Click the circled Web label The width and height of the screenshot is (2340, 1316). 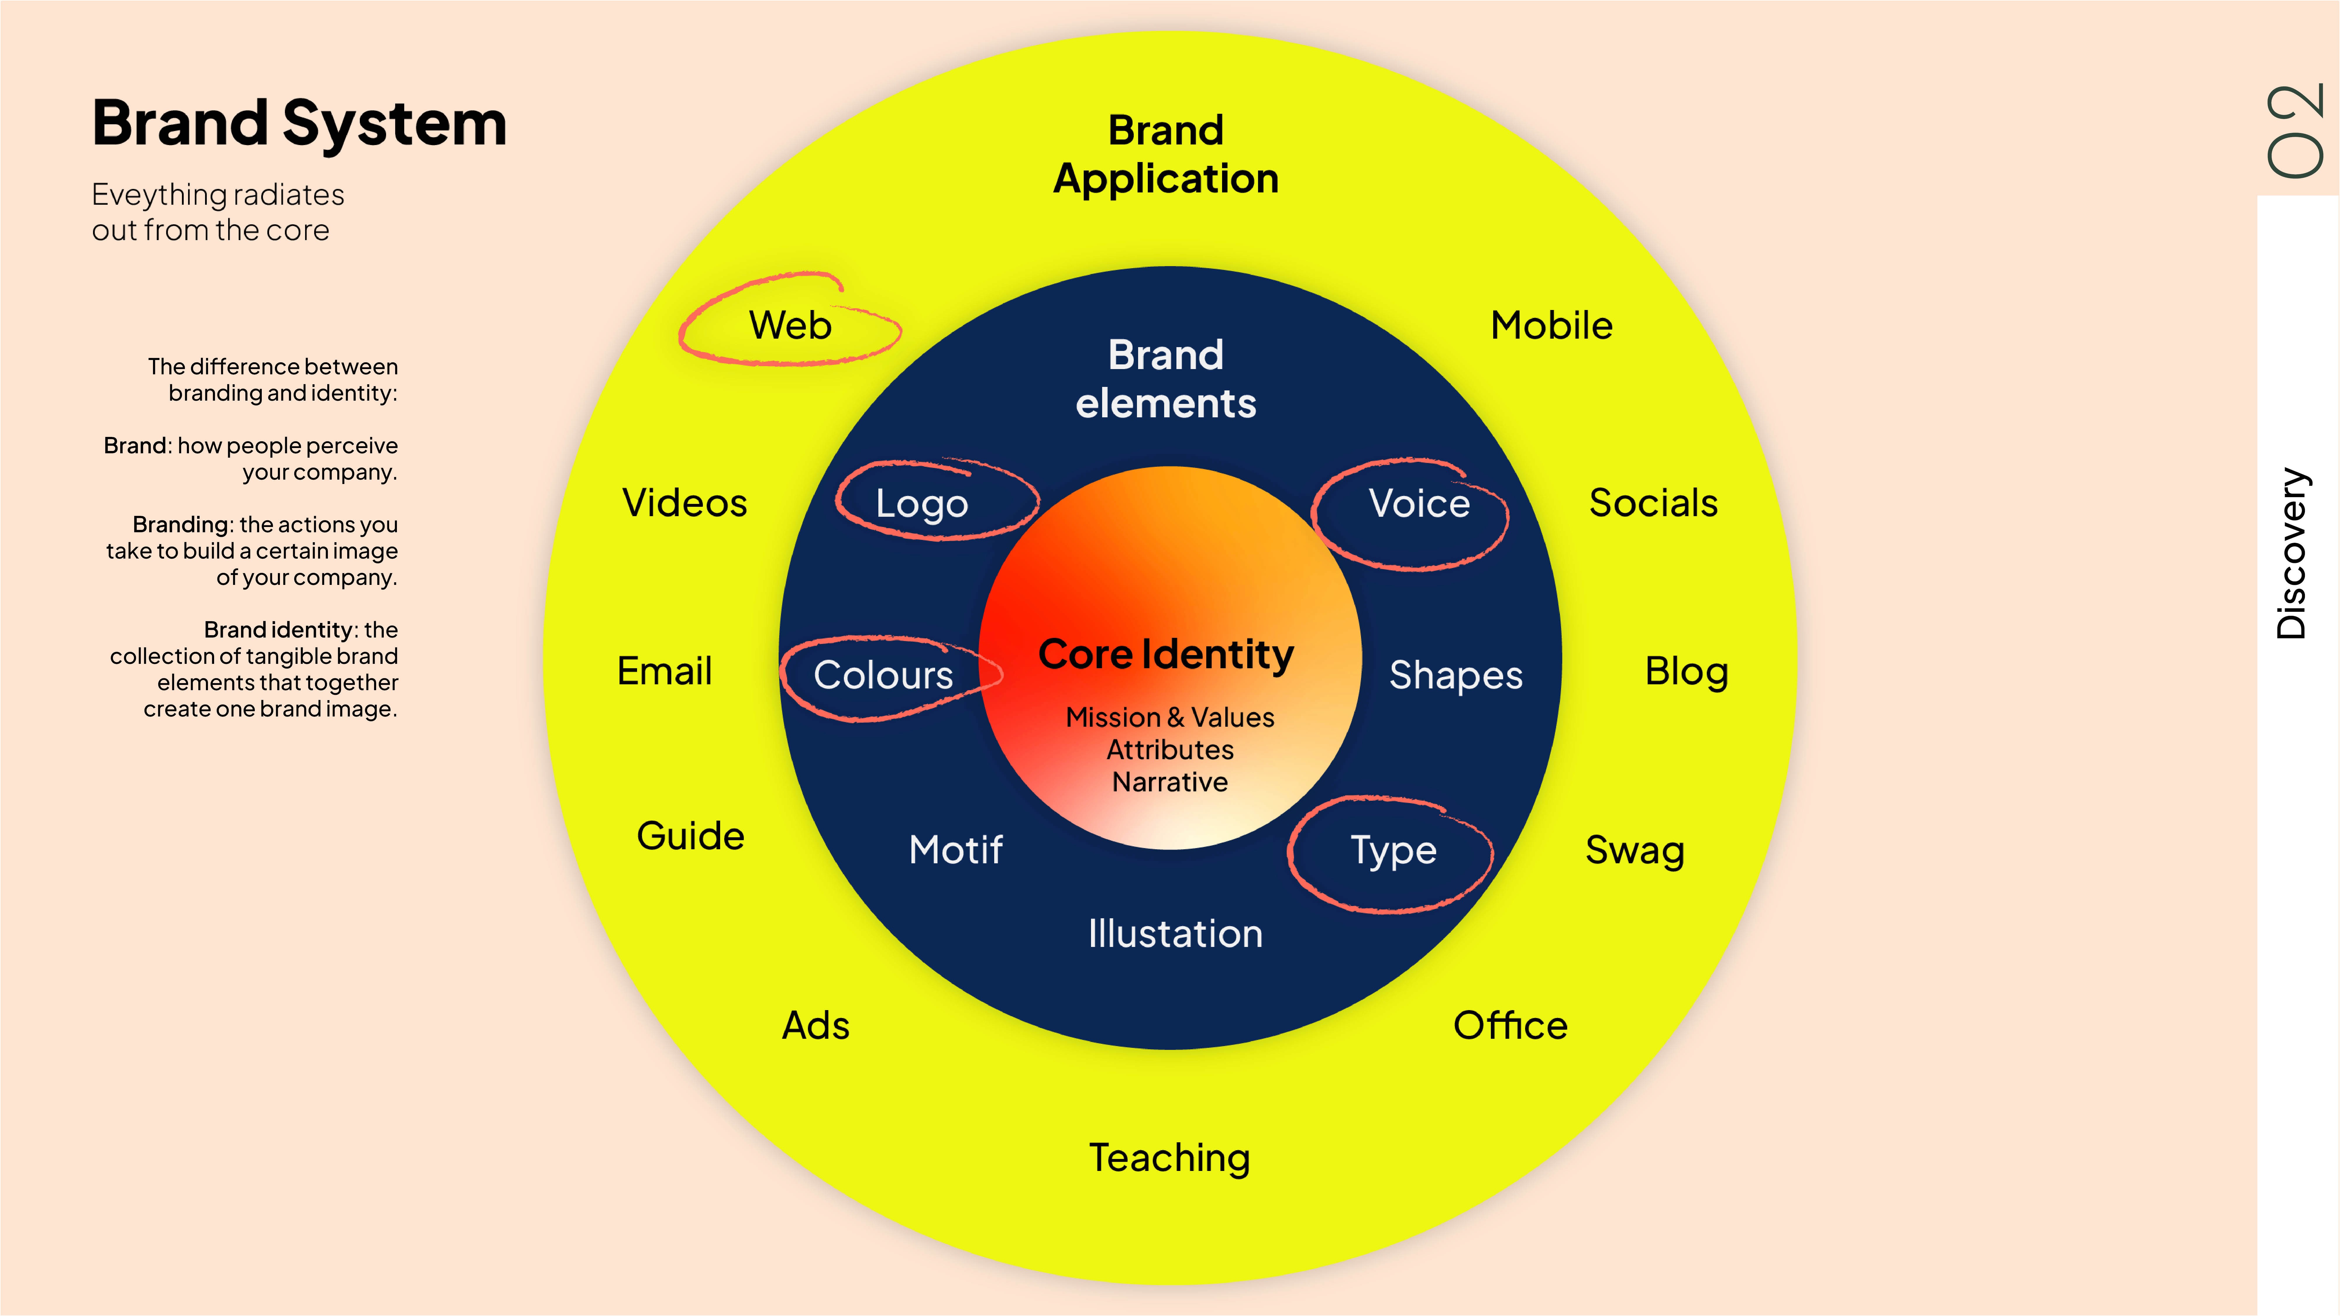(x=789, y=325)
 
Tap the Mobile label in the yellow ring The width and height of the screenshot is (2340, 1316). (x=1551, y=325)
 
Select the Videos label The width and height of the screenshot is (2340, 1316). (x=684, y=502)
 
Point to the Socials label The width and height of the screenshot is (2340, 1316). (x=1652, y=502)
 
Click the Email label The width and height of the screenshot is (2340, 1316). (x=664, y=671)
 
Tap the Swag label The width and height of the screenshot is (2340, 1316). (x=1634, y=850)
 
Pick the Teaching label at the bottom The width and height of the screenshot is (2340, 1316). (x=1169, y=1158)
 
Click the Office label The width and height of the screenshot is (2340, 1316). (x=1510, y=1025)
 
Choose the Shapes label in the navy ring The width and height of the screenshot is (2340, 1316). (x=1455, y=675)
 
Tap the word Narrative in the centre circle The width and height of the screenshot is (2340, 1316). (x=1169, y=782)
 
